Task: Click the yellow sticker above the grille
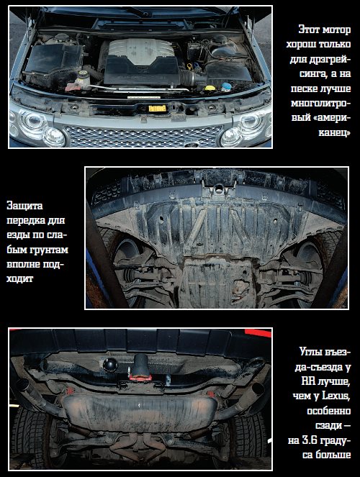pyautogui.click(x=157, y=109)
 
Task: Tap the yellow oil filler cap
pyautogui.click(x=210, y=88)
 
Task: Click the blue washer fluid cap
pyautogui.click(x=226, y=87)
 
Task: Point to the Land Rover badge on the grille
pyautogui.click(x=191, y=145)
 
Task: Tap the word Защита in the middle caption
pyautogui.click(x=24, y=206)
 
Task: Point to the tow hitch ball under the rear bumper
pyautogui.click(x=110, y=364)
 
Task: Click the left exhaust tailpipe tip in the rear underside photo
pyautogui.click(x=22, y=385)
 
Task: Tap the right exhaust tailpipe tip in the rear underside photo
pyautogui.click(x=257, y=389)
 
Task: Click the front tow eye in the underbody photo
pyautogui.click(x=219, y=189)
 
